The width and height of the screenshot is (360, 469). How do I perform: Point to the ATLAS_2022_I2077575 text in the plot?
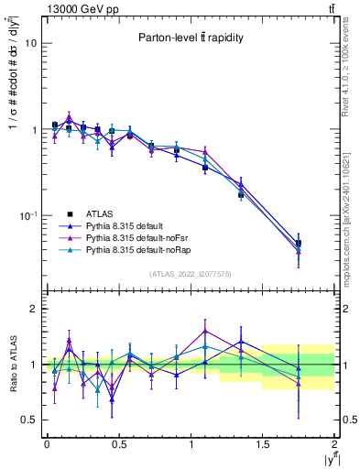pos(190,274)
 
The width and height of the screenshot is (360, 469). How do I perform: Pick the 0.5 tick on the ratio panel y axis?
pos(30,420)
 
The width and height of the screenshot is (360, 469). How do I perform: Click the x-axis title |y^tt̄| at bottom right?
pos(326,458)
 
